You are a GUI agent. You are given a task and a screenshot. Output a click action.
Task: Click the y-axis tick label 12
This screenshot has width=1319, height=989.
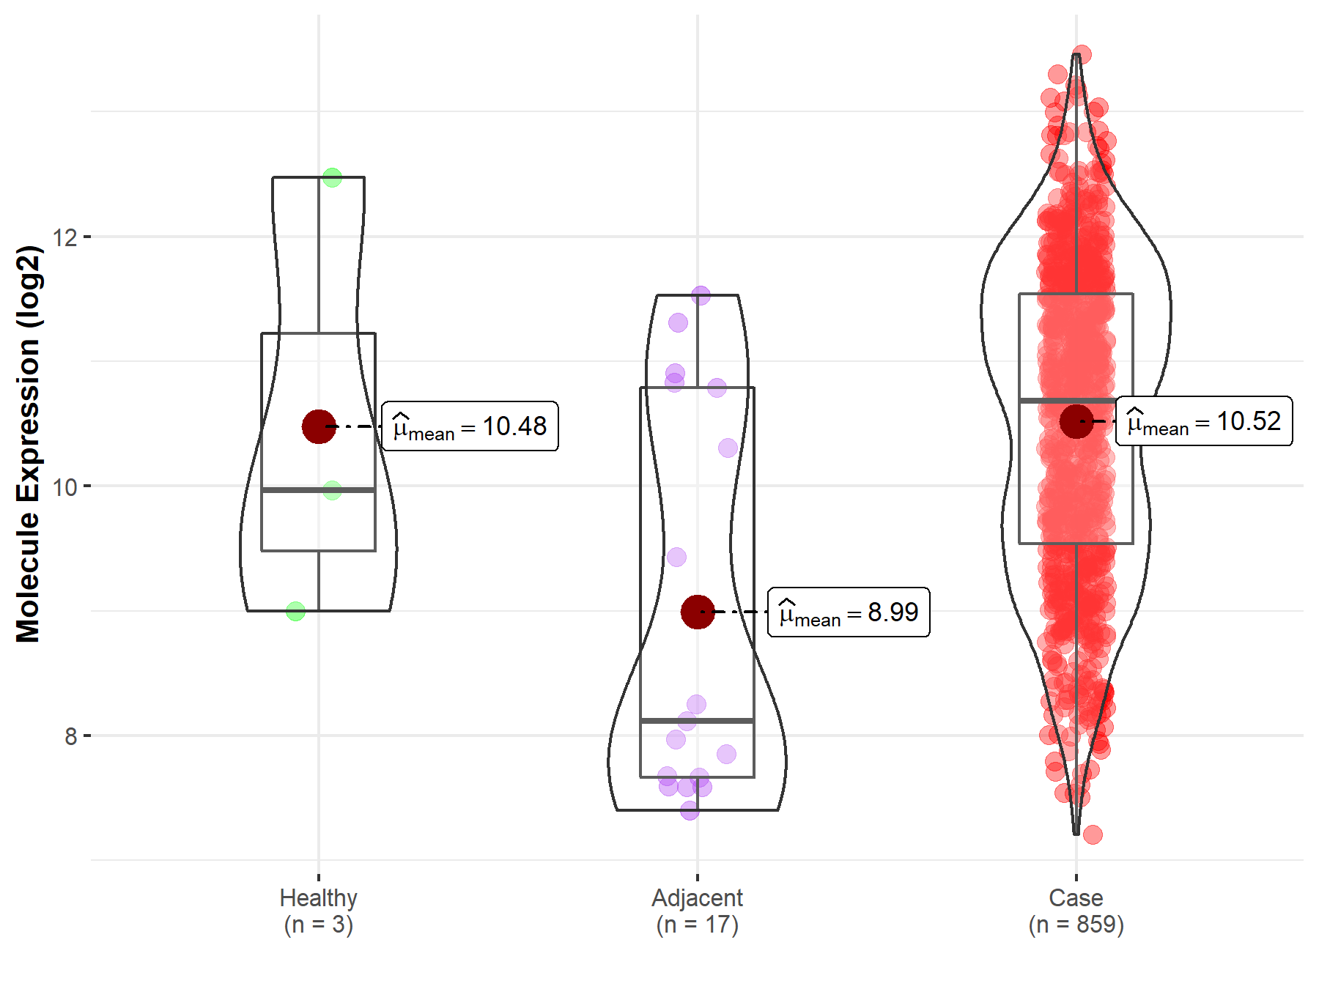point(65,237)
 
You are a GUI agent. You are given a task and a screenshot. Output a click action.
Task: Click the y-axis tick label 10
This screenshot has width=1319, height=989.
point(65,486)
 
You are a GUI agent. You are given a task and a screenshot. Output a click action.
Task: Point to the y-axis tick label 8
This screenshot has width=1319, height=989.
point(71,736)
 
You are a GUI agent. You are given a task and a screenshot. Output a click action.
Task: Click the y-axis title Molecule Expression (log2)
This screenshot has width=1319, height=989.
point(28,444)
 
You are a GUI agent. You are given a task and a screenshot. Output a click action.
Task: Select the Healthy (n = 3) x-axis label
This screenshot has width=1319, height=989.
point(319,911)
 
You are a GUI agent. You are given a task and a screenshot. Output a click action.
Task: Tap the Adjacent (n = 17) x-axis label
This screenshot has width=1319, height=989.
point(698,911)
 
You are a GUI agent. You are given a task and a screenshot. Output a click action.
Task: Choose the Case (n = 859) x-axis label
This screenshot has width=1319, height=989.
point(1076,911)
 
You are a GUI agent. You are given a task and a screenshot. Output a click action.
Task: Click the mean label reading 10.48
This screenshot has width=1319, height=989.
point(470,426)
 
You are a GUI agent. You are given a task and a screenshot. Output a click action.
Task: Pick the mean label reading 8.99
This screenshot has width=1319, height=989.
point(849,612)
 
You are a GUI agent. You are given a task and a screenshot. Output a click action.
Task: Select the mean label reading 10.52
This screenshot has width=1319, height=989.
point(1204,421)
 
